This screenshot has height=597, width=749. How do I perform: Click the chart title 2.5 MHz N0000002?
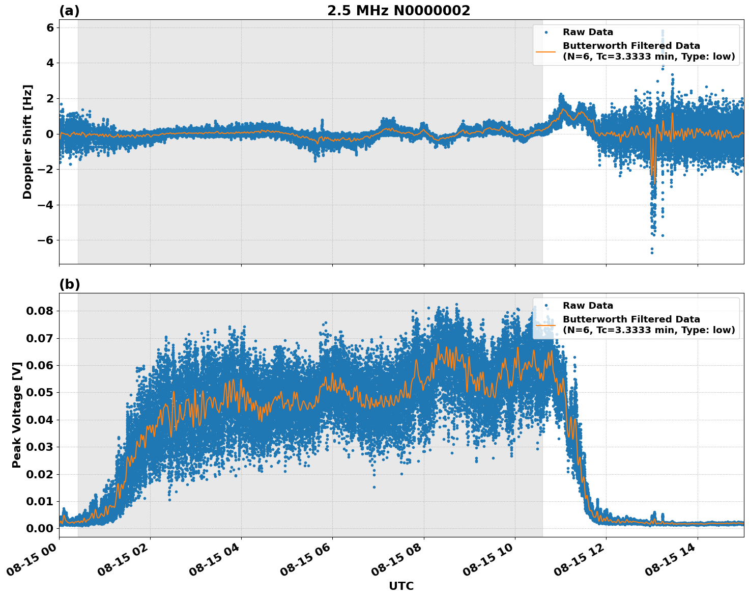(398, 11)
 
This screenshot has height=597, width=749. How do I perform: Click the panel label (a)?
(69, 11)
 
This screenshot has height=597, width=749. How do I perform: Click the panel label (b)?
(69, 284)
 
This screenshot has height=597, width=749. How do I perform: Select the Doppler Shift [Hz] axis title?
(27, 142)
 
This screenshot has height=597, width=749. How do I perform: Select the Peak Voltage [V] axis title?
(17, 415)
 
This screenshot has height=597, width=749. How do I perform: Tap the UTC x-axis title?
(401, 586)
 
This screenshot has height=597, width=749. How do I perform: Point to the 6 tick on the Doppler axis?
(50, 28)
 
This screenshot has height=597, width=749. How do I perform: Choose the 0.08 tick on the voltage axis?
(40, 311)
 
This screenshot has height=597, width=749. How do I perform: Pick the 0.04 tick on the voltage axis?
(40, 420)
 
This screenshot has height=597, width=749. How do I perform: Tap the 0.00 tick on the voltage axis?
(40, 528)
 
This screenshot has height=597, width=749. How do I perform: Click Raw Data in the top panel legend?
(588, 32)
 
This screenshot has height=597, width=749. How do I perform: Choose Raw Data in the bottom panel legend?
(588, 306)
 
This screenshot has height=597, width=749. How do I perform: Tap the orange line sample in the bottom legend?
(546, 324)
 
